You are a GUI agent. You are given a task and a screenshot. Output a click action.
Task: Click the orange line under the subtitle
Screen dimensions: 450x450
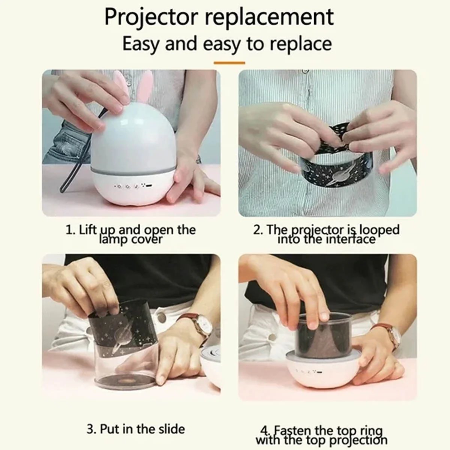(229, 63)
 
